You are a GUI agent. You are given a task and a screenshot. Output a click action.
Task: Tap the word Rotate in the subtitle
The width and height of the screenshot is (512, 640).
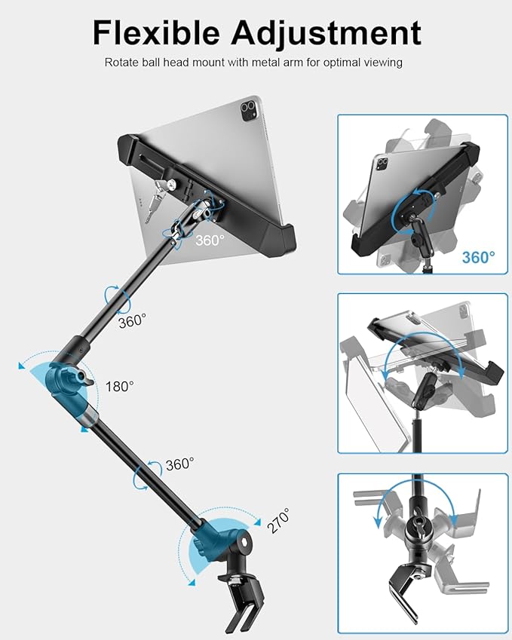pos(121,63)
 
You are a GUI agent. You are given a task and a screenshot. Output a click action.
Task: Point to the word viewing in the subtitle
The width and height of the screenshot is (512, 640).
pos(383,63)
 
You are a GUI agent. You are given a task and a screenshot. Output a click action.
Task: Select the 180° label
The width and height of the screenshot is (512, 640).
pos(118,385)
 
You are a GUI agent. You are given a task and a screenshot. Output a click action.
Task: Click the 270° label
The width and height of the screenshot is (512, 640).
pos(277,521)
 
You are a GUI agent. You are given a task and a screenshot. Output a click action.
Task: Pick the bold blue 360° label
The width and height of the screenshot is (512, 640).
pos(479,257)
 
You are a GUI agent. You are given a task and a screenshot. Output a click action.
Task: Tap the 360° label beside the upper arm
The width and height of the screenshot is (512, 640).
pos(133,321)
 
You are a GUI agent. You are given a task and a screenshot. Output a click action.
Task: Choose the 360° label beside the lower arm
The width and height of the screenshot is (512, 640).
pos(179,464)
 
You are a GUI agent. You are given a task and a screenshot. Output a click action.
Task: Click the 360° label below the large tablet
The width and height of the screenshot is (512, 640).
pos(210,240)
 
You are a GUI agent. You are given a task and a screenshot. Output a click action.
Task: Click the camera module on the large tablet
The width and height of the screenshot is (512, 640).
pos(248,112)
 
